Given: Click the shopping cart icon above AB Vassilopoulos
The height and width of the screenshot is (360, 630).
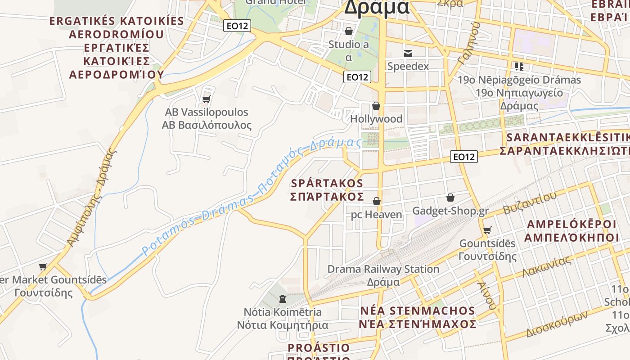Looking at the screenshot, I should (x=207, y=99).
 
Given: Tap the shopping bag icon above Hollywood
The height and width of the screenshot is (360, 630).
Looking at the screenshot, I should (x=376, y=106).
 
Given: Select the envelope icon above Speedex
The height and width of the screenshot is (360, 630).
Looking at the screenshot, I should (x=408, y=54).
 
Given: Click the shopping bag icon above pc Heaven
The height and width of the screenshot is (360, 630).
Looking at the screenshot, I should (x=376, y=201).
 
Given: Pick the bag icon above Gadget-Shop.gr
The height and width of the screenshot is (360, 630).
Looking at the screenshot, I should (x=450, y=197).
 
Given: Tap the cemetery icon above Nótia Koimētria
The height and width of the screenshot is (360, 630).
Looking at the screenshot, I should (x=283, y=298).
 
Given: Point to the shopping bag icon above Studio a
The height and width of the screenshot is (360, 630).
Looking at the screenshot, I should (x=348, y=31).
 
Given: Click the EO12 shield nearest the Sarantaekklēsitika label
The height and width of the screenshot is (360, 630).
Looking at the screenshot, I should (x=464, y=157).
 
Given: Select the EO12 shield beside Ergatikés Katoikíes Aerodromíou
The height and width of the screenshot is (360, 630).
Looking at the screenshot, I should (x=237, y=26).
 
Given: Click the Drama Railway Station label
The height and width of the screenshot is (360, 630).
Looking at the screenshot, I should (x=383, y=269).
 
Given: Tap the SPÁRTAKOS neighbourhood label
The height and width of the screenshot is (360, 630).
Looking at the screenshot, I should (x=327, y=183).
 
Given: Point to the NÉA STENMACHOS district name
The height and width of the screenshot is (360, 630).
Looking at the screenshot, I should (x=418, y=310).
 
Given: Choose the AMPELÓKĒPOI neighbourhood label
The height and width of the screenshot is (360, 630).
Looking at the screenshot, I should (x=571, y=224).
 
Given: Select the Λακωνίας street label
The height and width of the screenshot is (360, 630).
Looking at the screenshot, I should (x=547, y=266).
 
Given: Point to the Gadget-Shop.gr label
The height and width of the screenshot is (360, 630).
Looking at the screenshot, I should (x=450, y=211).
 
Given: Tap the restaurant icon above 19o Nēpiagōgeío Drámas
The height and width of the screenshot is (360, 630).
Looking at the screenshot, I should (x=519, y=67).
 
